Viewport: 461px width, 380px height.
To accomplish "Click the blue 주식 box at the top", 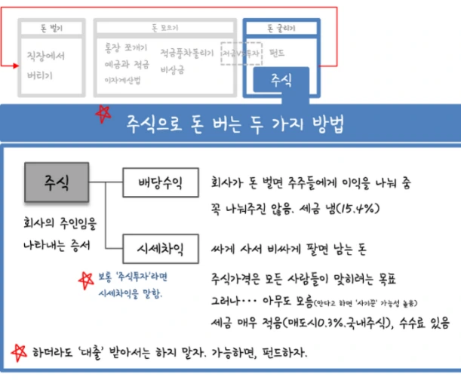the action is pos(281,79).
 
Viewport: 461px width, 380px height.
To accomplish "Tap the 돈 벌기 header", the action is pos(52,29).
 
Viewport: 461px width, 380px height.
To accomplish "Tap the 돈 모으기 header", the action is pos(164,29).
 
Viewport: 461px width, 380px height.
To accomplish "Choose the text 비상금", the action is pos(173,72).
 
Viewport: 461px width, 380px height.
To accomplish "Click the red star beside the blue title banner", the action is pos(100,117).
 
